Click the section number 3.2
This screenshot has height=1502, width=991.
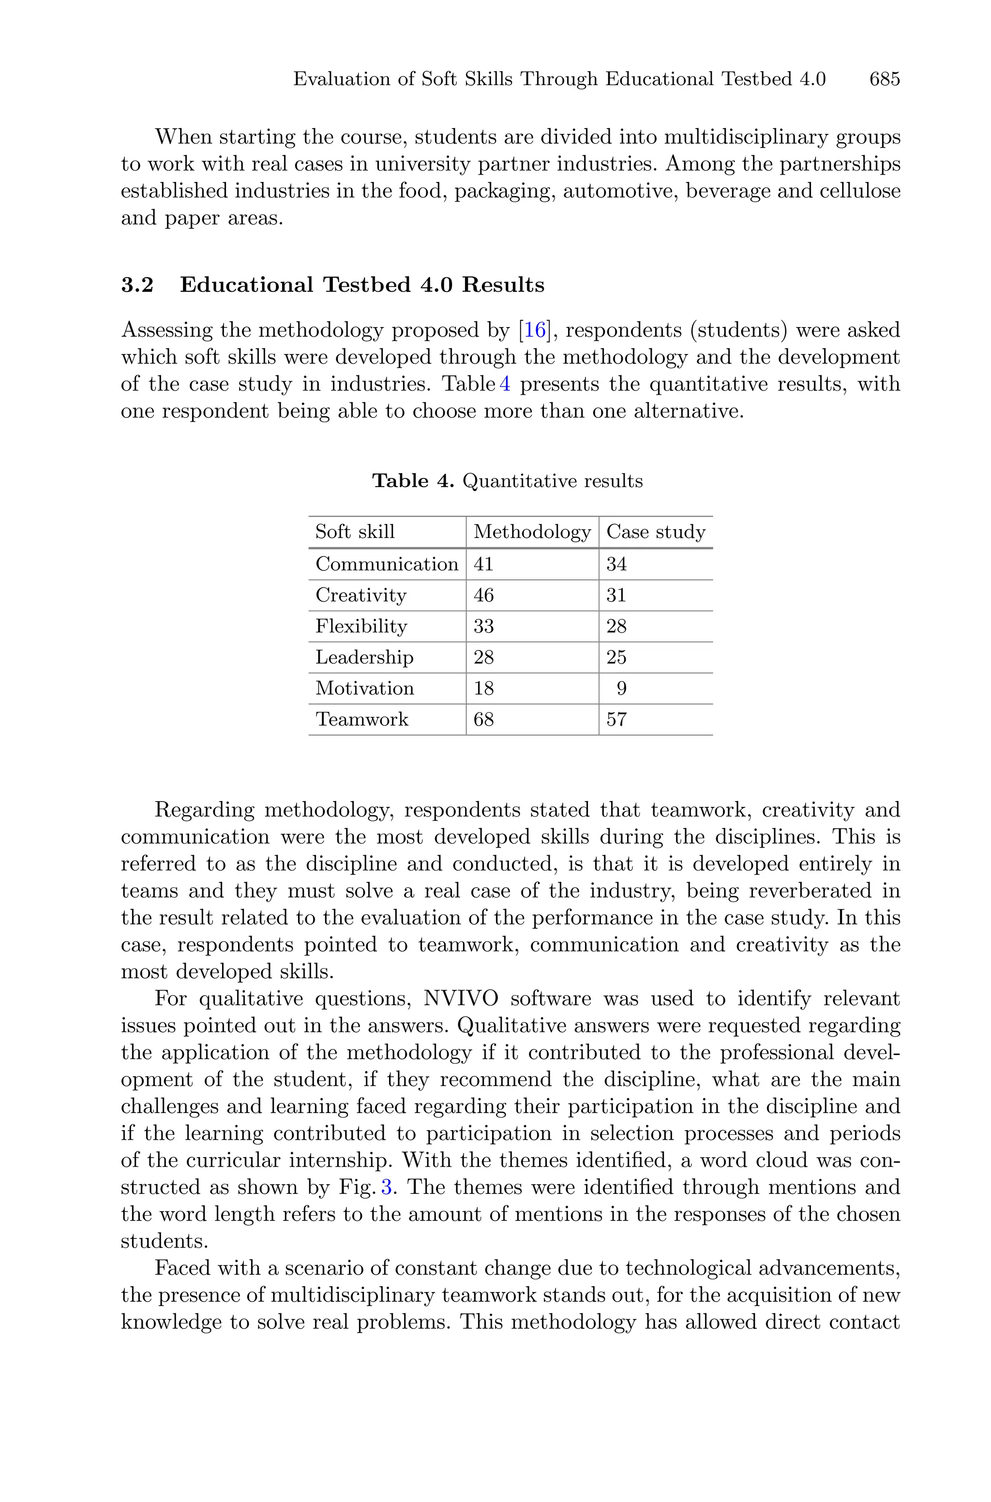point(137,285)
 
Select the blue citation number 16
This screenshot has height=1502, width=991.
point(534,330)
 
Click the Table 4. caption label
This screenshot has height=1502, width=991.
point(413,481)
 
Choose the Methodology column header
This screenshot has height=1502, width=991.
point(531,532)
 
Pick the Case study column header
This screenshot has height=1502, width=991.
point(655,532)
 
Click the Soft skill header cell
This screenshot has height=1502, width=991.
point(355,532)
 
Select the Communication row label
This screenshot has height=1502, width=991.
point(386,564)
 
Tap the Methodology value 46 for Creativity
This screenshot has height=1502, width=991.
point(483,595)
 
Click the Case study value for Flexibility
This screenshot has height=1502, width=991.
point(616,626)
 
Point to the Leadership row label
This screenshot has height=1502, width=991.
point(364,657)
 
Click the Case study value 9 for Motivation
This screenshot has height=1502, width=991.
point(621,688)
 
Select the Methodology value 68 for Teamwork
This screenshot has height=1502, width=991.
point(483,719)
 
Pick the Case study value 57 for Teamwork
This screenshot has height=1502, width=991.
point(616,719)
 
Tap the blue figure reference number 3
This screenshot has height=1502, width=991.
point(387,1187)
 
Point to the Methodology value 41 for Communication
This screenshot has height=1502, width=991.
point(483,564)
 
